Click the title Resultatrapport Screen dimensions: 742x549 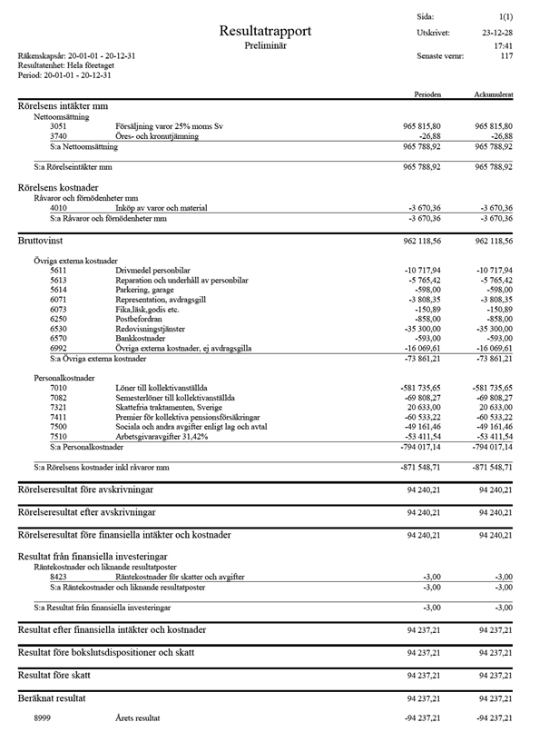coord(265,32)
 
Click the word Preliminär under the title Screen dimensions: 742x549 coord(265,45)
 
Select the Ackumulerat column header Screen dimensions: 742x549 coord(493,94)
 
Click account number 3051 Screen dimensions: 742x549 coord(58,126)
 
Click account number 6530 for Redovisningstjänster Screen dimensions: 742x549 coord(58,329)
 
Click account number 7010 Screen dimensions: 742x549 coord(58,388)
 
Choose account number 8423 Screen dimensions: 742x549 coord(58,576)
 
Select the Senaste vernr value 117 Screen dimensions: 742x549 coord(506,56)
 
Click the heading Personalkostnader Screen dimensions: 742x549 coord(65,377)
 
